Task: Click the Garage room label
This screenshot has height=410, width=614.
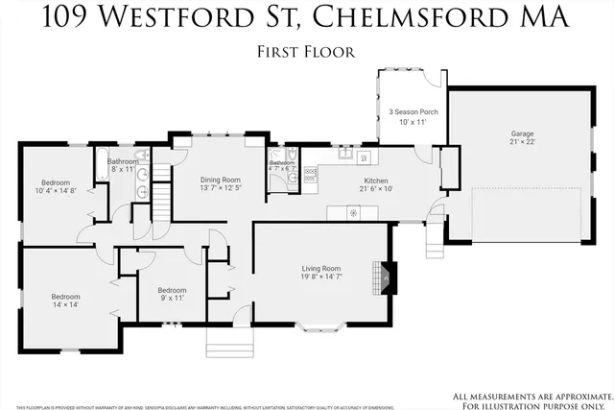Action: click(522, 133)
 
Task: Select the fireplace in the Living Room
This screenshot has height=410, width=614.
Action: click(386, 277)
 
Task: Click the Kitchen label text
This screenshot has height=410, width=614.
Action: click(375, 180)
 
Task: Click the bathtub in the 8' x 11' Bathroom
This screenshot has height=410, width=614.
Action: click(101, 165)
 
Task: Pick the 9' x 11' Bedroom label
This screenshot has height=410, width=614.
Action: click(172, 290)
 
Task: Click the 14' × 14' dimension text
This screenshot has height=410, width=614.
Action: click(65, 305)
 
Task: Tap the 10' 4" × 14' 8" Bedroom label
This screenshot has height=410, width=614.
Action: click(54, 182)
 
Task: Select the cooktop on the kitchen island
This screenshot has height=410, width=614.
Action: click(352, 212)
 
